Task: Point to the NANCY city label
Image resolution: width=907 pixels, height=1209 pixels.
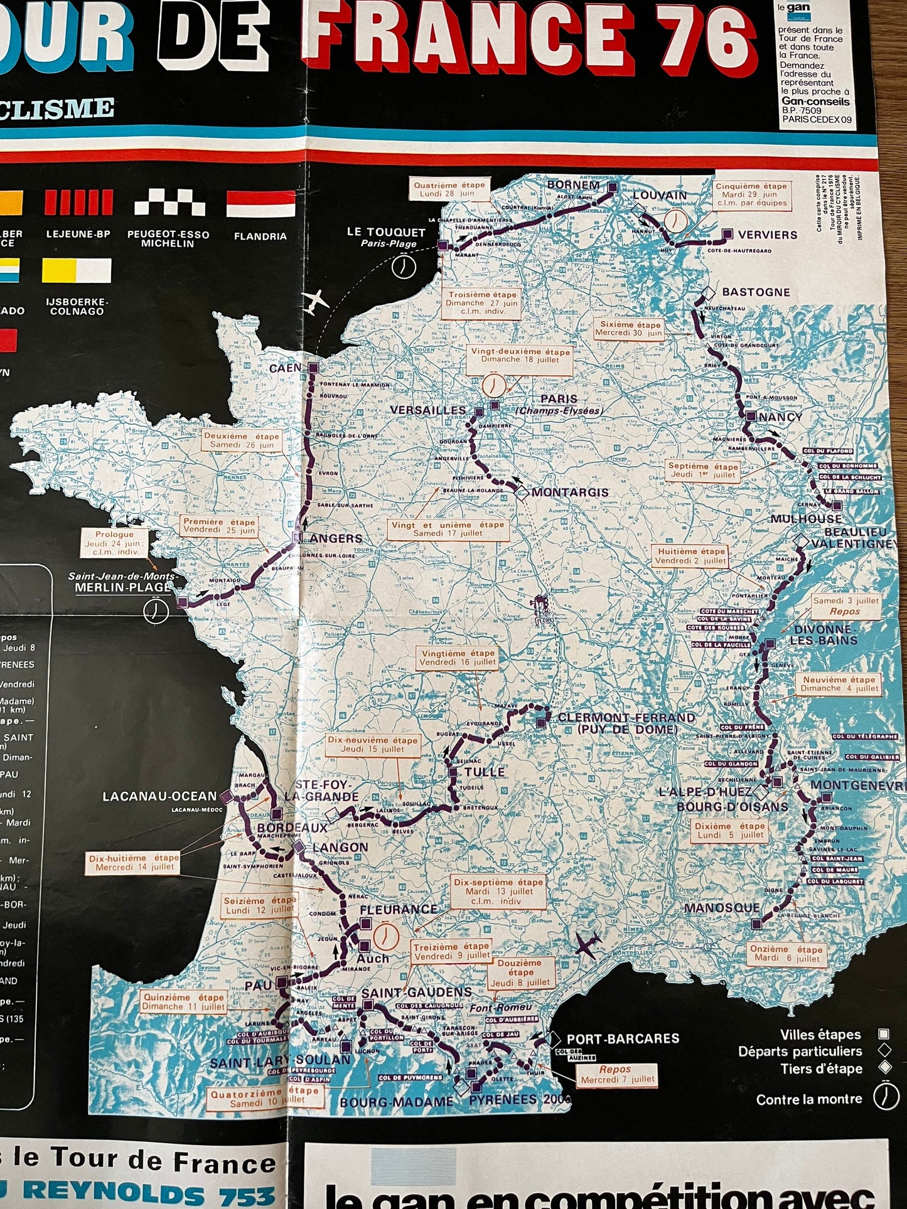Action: pos(780,417)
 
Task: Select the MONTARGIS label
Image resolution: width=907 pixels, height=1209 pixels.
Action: pos(570,493)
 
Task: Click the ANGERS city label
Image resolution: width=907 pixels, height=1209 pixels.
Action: pos(336,538)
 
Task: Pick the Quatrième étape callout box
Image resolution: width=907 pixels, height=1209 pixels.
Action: pos(449,189)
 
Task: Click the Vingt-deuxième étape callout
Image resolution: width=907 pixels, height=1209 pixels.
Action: pos(520,356)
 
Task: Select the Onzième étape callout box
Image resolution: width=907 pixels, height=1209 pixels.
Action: pos(786,954)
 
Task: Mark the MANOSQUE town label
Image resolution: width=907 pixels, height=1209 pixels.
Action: pos(722,908)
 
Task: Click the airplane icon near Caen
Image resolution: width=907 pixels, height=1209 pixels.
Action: pos(315,302)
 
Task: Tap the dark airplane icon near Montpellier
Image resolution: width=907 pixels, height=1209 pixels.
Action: pos(588,945)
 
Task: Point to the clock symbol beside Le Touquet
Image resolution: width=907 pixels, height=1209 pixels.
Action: pos(404,266)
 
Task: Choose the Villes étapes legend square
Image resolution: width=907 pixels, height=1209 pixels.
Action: pos(884,1035)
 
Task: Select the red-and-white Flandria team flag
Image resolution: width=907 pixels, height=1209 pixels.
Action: pos(260,204)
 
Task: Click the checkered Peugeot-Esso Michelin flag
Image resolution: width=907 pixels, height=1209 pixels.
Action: pos(169,204)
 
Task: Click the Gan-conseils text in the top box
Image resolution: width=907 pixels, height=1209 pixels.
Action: pos(815,101)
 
